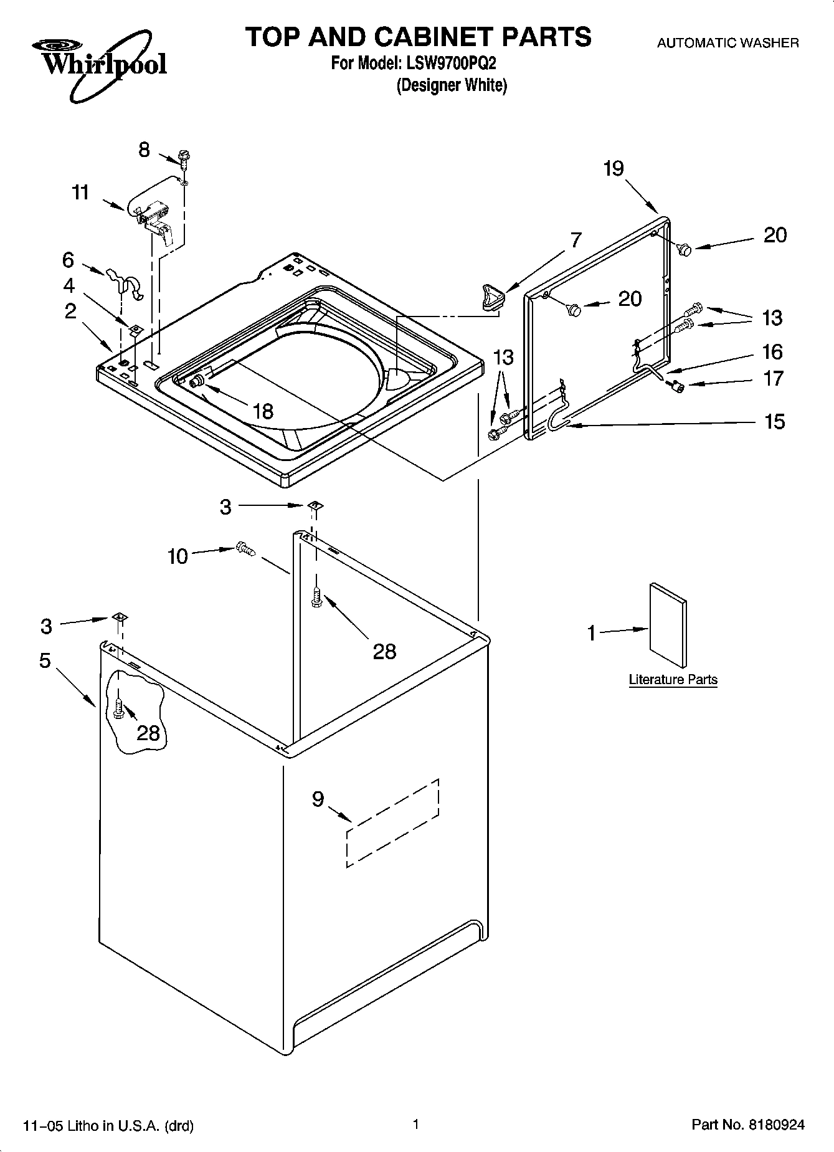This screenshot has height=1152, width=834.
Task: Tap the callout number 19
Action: tap(614, 168)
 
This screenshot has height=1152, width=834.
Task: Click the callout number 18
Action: tap(263, 411)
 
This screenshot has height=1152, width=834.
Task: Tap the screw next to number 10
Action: tap(245, 549)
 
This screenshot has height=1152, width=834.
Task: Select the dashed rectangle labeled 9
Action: tap(393, 822)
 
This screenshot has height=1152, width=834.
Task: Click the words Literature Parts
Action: tap(673, 680)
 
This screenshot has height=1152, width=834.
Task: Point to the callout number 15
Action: tap(775, 422)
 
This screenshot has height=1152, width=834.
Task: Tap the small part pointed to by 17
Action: tap(676, 387)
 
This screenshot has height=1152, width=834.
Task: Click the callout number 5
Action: tap(45, 660)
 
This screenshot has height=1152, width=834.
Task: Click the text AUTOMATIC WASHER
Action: tap(728, 43)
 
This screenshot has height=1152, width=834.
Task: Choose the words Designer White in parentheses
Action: tap(452, 85)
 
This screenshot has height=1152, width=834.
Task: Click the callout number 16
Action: tap(772, 351)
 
